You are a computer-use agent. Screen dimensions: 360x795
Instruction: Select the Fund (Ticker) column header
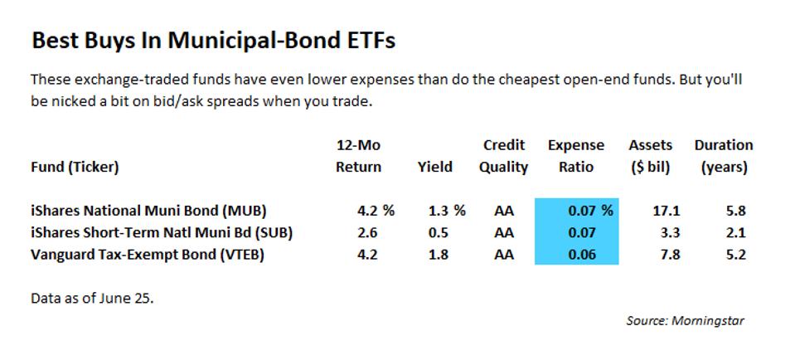point(75,167)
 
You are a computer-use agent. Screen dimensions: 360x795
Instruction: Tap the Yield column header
point(435,167)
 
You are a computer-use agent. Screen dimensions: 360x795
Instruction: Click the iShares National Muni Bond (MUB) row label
point(148,211)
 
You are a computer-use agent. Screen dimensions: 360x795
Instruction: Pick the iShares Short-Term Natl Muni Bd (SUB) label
point(162,233)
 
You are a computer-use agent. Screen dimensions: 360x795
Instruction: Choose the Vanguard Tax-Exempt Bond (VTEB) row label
point(147,255)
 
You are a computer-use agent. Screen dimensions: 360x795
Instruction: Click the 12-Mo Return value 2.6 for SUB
point(346,233)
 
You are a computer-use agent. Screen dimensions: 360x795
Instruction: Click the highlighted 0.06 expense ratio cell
point(583,255)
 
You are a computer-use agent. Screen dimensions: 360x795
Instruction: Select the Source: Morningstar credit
point(685,320)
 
